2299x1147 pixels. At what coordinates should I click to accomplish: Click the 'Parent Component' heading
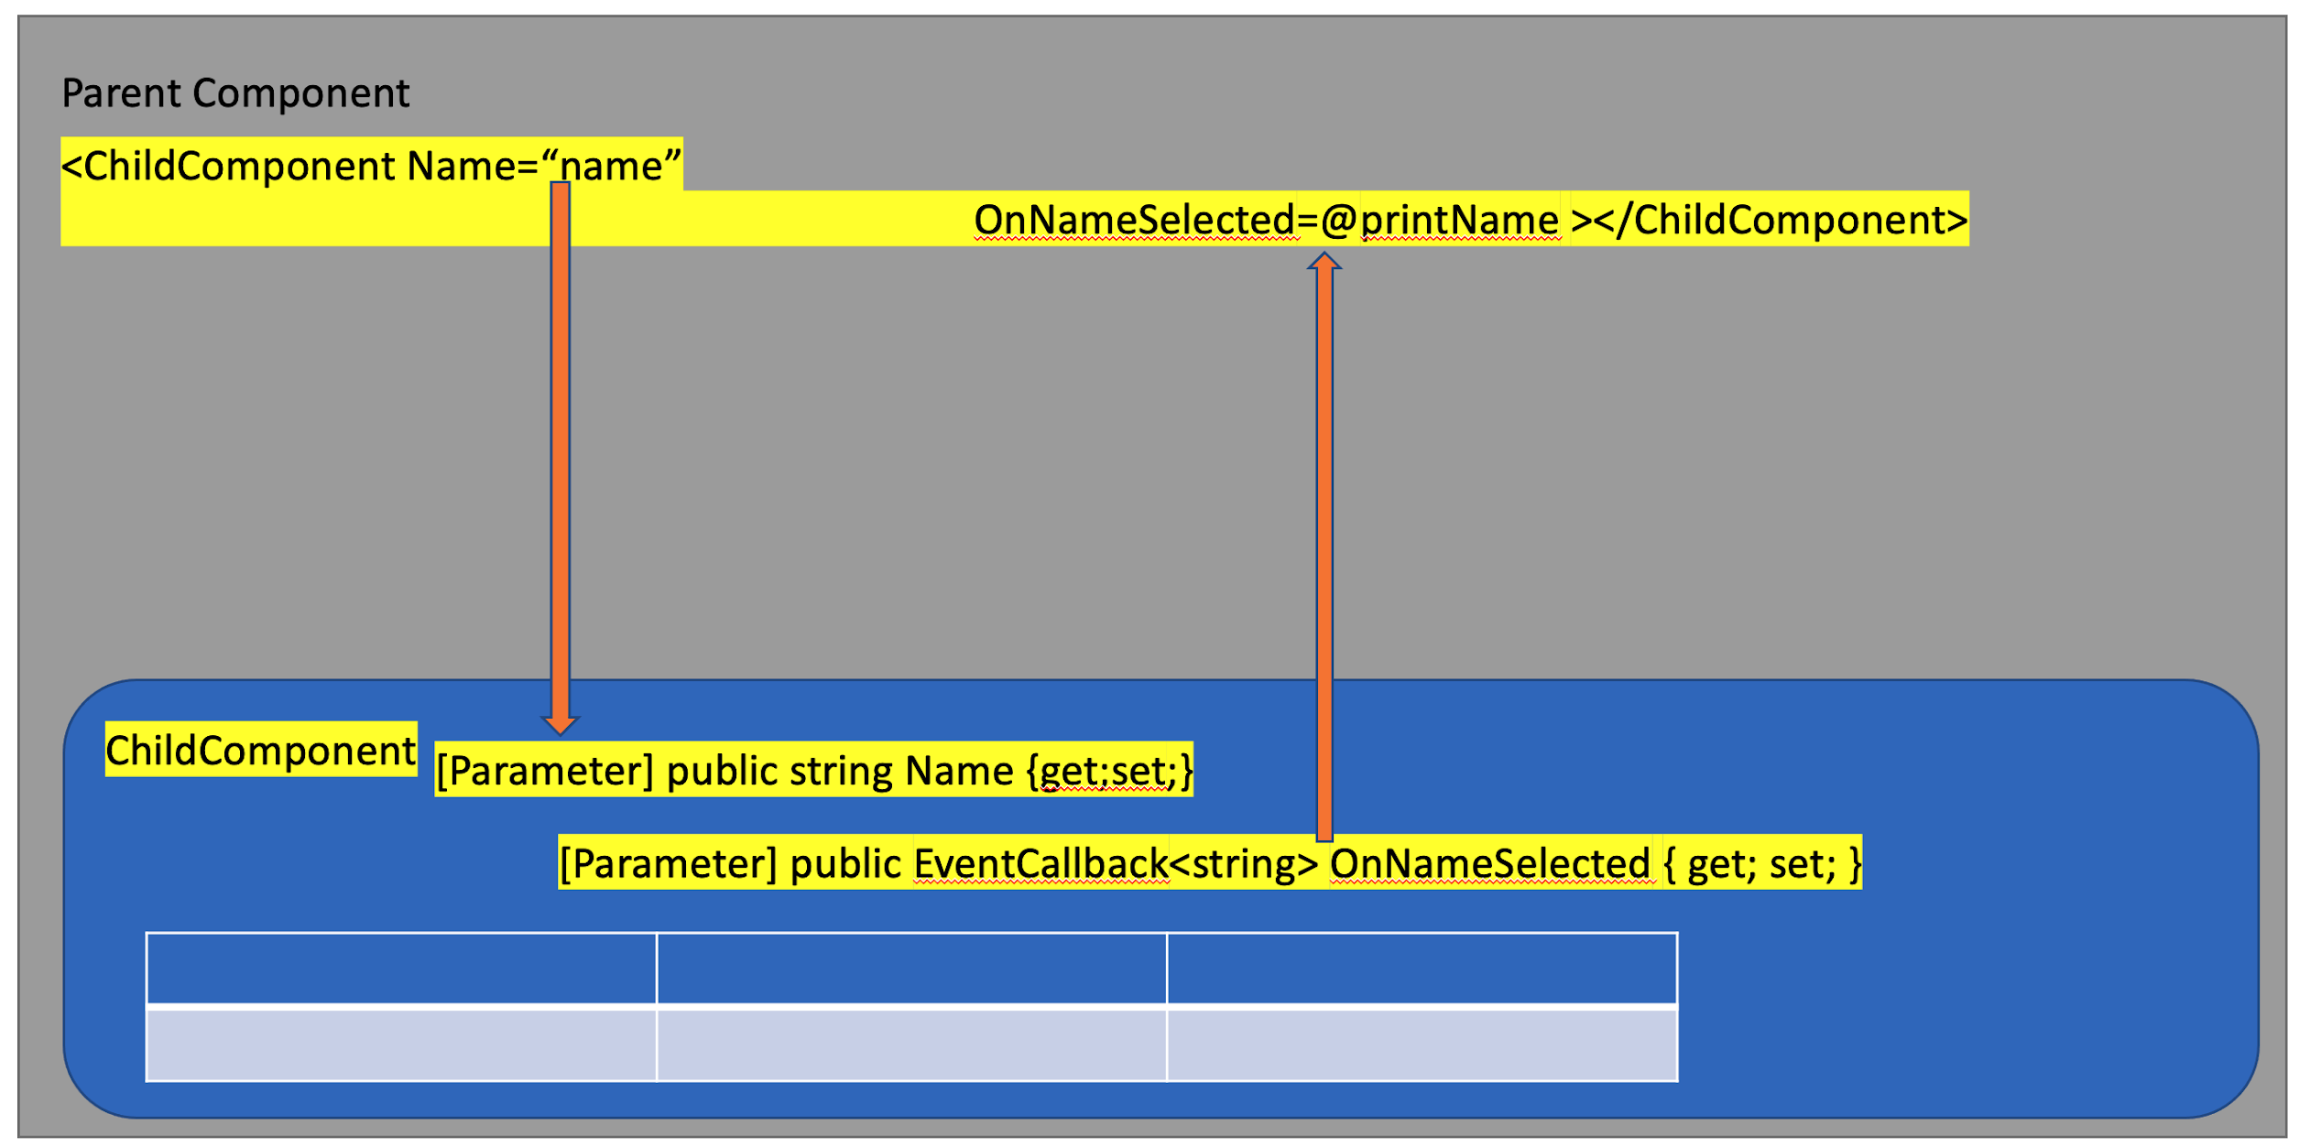click(235, 93)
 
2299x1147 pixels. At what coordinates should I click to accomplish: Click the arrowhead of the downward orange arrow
click(560, 725)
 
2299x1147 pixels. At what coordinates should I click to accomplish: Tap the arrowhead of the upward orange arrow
click(1324, 262)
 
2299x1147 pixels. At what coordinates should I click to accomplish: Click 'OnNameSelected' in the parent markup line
click(1134, 220)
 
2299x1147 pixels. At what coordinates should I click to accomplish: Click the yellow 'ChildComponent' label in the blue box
click(261, 751)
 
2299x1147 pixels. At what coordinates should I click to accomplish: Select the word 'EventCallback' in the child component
click(1041, 863)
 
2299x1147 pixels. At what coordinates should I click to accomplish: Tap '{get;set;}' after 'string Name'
click(1110, 771)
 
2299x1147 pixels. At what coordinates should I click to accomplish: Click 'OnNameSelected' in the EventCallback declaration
click(1489, 863)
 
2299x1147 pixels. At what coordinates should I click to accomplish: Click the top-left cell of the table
click(401, 968)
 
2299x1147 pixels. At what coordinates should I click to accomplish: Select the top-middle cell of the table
click(911, 968)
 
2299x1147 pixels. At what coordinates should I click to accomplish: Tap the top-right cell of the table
click(1422, 968)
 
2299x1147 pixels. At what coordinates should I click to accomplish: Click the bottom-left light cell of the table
click(401, 1044)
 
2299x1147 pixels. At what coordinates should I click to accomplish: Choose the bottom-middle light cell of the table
click(911, 1044)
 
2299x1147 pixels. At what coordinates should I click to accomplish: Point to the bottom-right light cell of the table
click(1422, 1044)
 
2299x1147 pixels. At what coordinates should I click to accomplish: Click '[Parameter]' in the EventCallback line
click(669, 863)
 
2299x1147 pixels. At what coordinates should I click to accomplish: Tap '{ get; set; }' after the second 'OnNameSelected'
click(1761, 863)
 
